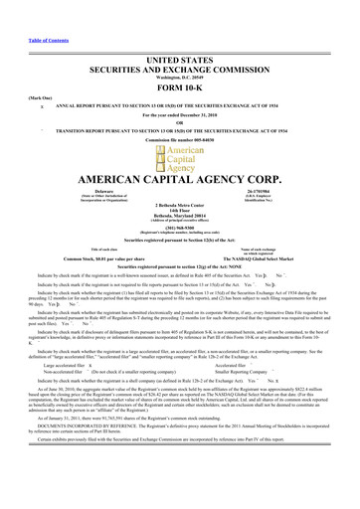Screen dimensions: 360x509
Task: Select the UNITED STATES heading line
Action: click(x=180, y=32)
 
